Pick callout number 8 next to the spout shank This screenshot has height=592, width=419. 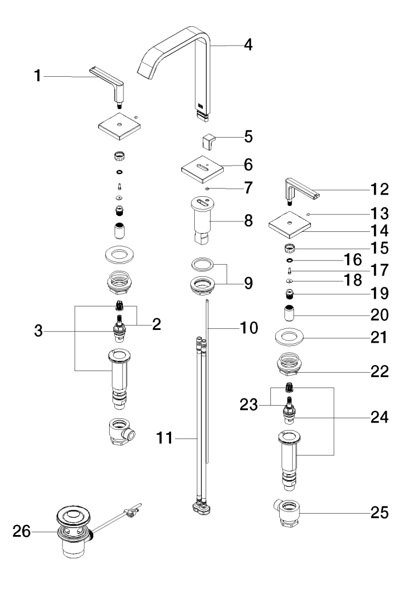click(x=248, y=221)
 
